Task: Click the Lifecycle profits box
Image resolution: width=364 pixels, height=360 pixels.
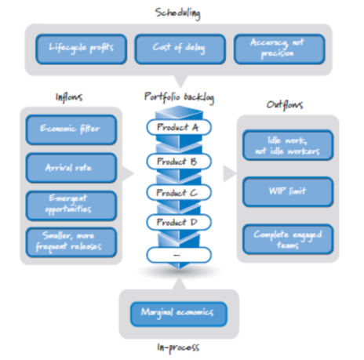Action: coord(81,49)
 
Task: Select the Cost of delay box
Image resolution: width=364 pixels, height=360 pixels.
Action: coord(180,49)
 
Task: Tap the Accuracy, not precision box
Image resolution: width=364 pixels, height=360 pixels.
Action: coord(279,49)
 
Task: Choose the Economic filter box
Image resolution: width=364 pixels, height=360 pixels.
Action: coord(71,129)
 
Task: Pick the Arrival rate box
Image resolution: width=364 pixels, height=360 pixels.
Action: coord(71,168)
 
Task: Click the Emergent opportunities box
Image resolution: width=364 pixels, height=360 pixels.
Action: coord(71,205)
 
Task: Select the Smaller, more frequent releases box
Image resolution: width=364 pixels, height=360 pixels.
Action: coord(71,242)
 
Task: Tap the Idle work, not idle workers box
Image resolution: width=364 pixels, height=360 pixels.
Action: coord(288,145)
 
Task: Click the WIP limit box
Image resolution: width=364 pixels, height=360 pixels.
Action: coord(288,192)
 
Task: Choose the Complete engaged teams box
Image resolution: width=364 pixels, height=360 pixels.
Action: coord(288,239)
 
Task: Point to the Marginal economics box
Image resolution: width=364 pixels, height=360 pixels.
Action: coord(179,314)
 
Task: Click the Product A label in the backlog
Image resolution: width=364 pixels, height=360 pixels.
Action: coord(179,127)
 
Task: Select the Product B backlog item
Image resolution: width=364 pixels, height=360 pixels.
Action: coord(179,162)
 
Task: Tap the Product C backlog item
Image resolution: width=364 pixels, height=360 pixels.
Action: coord(179,193)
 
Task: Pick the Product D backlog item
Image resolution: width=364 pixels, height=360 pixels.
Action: coord(179,222)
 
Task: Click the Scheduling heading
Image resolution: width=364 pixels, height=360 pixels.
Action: coord(178,13)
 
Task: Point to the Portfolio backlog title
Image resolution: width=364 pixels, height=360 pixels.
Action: coord(179,97)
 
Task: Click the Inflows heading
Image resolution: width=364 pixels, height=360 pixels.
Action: coord(69,97)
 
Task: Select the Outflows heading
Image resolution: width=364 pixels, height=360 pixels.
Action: coord(285,105)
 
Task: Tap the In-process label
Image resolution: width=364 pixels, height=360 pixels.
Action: coord(178,347)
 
